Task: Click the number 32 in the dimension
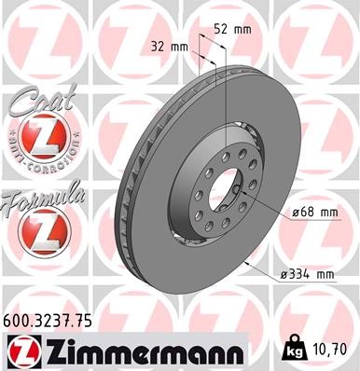click(157, 45)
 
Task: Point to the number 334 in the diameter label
click(298, 275)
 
